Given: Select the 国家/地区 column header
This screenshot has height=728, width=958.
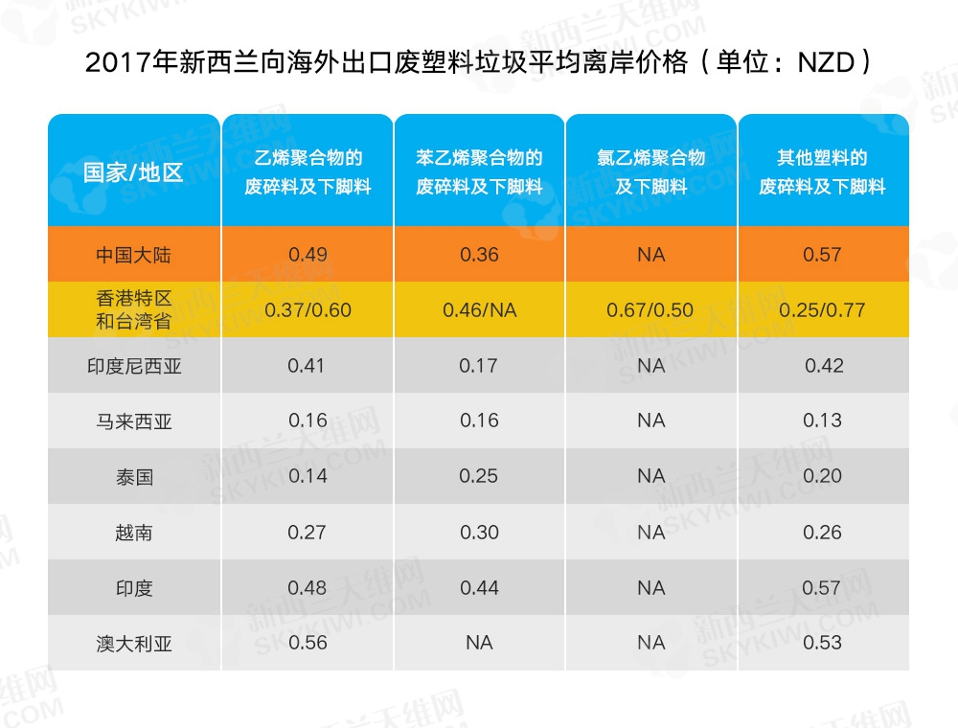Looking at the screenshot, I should (x=133, y=172).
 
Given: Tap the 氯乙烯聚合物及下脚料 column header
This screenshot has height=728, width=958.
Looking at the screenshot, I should (x=651, y=171).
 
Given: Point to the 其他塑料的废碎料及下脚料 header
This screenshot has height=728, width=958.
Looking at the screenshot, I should (x=823, y=171).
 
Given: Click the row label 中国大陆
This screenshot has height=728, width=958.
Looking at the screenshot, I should (x=133, y=255).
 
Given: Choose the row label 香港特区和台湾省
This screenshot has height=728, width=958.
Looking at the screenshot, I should (x=133, y=309).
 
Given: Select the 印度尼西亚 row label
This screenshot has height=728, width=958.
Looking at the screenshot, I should (x=133, y=366).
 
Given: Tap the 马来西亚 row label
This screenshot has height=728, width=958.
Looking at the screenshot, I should (x=133, y=421).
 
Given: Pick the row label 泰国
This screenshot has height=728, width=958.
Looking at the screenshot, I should (x=133, y=476).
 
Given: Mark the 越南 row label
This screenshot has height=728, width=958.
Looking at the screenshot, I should (x=133, y=532).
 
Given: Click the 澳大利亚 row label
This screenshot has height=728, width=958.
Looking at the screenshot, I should (x=133, y=643).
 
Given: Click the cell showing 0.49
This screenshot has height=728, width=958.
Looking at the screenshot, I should (x=308, y=255).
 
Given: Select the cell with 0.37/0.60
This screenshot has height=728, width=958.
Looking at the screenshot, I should (x=308, y=310).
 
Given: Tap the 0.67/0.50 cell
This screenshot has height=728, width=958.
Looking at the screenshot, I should (x=651, y=310).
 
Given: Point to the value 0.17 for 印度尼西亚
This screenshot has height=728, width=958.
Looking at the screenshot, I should (x=479, y=365).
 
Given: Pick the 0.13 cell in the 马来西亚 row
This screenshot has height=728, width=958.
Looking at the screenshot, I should (x=823, y=421).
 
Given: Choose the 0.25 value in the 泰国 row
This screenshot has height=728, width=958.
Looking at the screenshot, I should (x=479, y=476).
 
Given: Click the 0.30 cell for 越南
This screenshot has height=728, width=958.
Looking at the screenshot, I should (x=479, y=532).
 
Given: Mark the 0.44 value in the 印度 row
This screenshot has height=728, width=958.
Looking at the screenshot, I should (x=479, y=587).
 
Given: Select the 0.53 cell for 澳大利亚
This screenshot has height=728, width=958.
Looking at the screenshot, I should (x=823, y=643).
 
